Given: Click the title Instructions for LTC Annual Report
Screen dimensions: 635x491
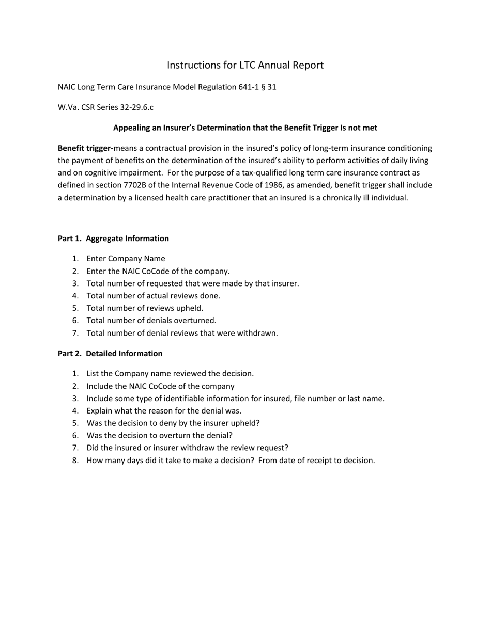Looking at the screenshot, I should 245,65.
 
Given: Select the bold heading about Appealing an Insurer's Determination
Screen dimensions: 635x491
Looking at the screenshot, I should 245,128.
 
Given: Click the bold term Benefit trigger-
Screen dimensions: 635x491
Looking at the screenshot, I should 85,148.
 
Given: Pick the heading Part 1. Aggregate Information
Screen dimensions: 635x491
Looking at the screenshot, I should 113,239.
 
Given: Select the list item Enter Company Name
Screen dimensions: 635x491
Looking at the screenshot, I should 126,259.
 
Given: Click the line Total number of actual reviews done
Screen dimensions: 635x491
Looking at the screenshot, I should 153,296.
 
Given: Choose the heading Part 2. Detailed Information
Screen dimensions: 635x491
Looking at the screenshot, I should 110,354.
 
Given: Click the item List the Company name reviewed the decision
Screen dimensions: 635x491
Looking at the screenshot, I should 170,373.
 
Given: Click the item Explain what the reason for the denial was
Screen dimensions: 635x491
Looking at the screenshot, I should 164,411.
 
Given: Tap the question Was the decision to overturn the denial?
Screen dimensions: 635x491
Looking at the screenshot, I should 159,436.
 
